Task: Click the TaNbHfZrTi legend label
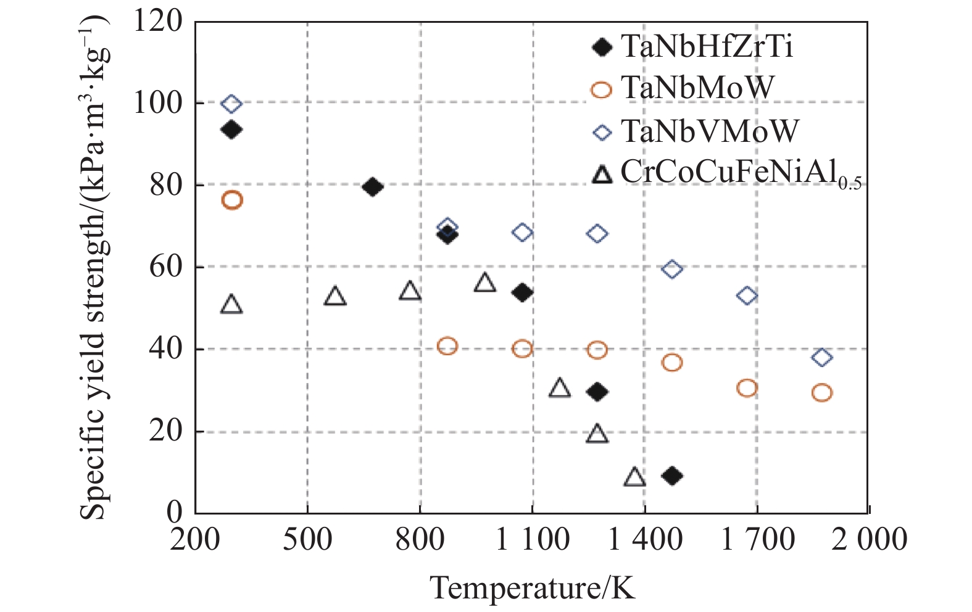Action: pyautogui.click(x=707, y=47)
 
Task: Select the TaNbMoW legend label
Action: pyautogui.click(x=697, y=88)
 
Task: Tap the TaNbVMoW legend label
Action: pyautogui.click(x=710, y=131)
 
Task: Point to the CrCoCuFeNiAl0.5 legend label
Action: pyautogui.click(x=741, y=173)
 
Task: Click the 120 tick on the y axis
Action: pyautogui.click(x=158, y=22)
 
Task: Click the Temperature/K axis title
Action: pyautogui.click(x=532, y=587)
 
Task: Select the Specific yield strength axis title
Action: pyautogui.click(x=94, y=265)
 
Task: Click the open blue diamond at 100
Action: pyautogui.click(x=231, y=104)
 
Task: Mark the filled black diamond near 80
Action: pyautogui.click(x=373, y=187)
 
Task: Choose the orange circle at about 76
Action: pyautogui.click(x=232, y=200)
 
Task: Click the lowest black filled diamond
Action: pyautogui.click(x=672, y=476)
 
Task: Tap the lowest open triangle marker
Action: pyautogui.click(x=634, y=478)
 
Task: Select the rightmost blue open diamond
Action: pyautogui.click(x=822, y=357)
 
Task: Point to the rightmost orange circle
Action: pyautogui.click(x=822, y=392)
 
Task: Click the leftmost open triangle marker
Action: pyautogui.click(x=231, y=305)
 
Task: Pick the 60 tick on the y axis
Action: pyautogui.click(x=166, y=267)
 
